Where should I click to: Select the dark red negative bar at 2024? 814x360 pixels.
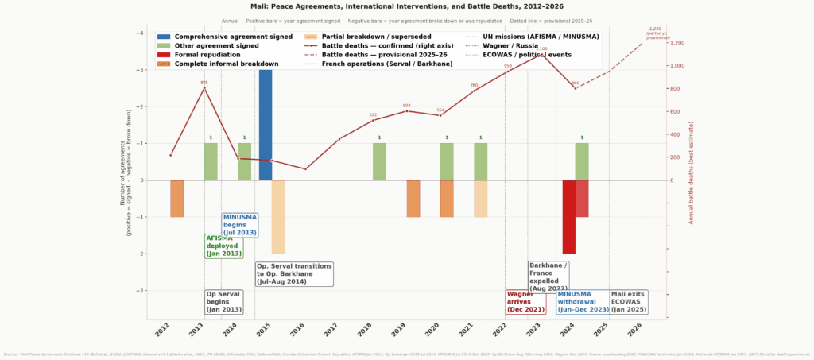(x=568, y=217)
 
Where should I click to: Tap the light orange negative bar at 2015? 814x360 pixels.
(x=278, y=217)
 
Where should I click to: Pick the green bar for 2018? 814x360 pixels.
(x=379, y=161)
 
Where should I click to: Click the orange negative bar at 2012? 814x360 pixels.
(x=176, y=199)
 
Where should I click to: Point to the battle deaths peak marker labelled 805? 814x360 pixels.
(x=204, y=88)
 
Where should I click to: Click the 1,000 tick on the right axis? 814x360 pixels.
(x=680, y=66)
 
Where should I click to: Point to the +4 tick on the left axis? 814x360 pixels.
(x=140, y=33)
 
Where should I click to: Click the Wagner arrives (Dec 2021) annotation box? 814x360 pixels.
(x=525, y=301)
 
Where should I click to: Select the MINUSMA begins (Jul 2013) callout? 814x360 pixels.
(x=239, y=225)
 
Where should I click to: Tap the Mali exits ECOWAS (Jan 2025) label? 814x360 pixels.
(x=629, y=301)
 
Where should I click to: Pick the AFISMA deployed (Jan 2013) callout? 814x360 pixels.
(x=224, y=246)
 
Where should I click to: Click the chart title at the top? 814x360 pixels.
(x=406, y=6)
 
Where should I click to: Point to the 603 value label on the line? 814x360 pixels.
(x=406, y=106)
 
